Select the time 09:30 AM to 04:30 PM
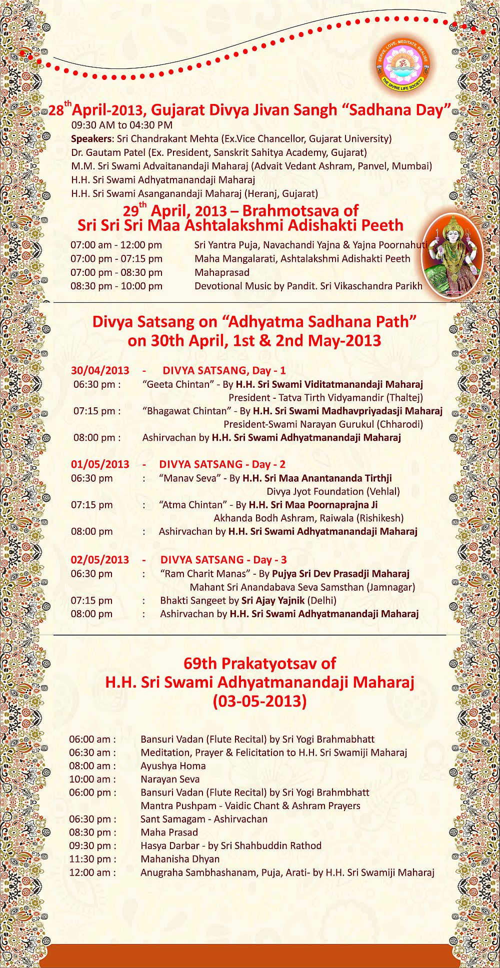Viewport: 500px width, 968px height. click(x=121, y=125)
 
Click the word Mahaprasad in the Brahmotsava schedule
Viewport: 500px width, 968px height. click(x=221, y=272)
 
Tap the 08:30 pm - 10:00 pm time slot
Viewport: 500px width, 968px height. click(x=116, y=286)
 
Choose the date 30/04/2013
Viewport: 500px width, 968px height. click(x=100, y=370)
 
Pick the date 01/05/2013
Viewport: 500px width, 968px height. click(x=100, y=464)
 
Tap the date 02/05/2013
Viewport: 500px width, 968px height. click(x=100, y=560)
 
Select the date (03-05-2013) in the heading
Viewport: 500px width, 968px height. click(x=259, y=701)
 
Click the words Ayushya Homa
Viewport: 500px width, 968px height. click(x=173, y=766)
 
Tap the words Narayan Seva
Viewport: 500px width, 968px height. click(x=170, y=779)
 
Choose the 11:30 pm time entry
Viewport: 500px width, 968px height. click(x=92, y=859)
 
